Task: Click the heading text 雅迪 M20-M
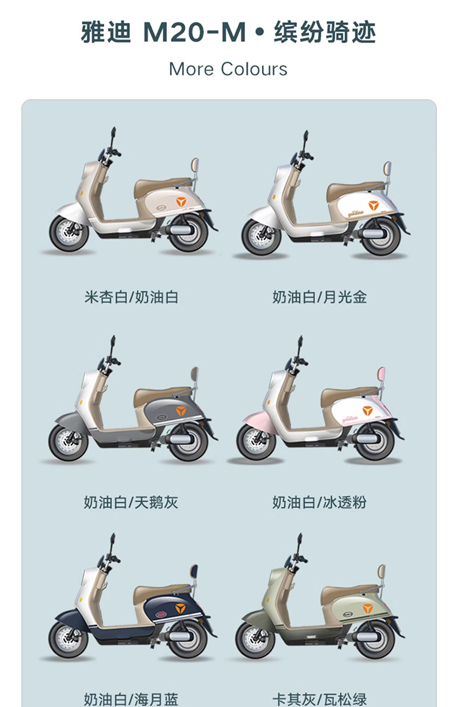click(x=163, y=32)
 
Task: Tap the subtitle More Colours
click(x=228, y=69)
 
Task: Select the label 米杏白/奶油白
click(x=131, y=297)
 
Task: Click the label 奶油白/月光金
click(x=319, y=297)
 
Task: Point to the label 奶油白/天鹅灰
click(x=131, y=502)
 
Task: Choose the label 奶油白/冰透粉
click(x=319, y=502)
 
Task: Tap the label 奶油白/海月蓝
click(x=131, y=699)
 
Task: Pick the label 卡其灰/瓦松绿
click(x=319, y=699)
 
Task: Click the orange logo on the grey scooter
click(x=181, y=411)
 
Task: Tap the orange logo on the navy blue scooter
click(x=180, y=608)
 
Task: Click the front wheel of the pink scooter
click(x=257, y=440)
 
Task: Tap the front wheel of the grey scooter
click(x=69, y=440)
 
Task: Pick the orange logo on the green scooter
click(x=368, y=608)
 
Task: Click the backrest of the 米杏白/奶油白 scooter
click(x=195, y=167)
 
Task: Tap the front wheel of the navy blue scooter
click(x=69, y=638)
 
